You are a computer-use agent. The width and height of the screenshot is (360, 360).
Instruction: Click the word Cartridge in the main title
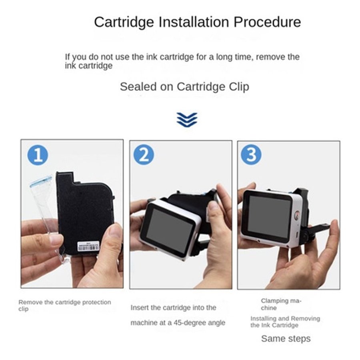124,22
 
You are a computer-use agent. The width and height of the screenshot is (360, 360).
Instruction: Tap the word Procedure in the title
267,22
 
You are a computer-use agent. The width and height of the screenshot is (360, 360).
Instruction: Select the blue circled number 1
38,155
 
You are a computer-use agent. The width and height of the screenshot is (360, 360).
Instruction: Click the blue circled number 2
144,155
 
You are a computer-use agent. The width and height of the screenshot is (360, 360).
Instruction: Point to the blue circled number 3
251,154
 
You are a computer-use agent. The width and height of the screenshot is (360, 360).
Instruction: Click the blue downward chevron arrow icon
187,120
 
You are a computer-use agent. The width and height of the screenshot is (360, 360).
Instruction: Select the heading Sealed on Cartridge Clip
184,87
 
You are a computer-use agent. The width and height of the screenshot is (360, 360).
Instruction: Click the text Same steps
286,339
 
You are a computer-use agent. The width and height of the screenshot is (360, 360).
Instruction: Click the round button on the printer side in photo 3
298,215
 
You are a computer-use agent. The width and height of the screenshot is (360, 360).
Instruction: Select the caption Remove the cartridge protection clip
65,305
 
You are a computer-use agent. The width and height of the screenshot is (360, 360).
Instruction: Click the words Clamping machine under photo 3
281,304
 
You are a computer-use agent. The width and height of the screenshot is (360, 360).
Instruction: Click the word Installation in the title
194,22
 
